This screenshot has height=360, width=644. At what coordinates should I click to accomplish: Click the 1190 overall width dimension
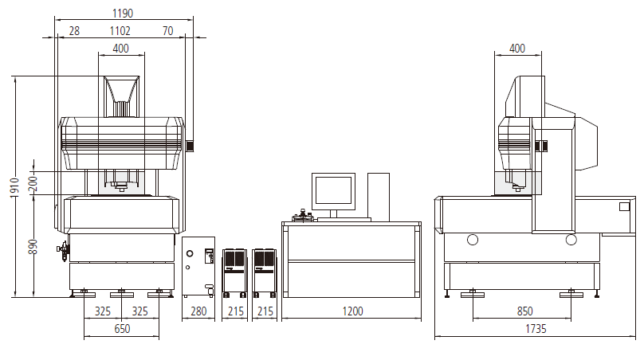(x=123, y=14)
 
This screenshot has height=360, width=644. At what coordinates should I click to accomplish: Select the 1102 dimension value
(x=120, y=31)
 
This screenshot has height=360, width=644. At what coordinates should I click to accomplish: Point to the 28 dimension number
(x=74, y=31)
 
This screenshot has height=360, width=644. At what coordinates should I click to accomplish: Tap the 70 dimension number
(x=167, y=31)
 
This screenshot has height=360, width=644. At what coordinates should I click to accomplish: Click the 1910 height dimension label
(x=14, y=188)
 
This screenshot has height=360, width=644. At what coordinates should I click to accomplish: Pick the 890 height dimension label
(x=33, y=246)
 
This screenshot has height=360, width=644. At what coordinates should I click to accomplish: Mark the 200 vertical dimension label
(x=33, y=183)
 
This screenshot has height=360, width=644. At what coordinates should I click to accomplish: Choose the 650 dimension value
(x=122, y=329)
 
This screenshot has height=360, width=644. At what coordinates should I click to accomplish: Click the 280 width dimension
(x=198, y=311)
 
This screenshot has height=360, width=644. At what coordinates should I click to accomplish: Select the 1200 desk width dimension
(x=352, y=311)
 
